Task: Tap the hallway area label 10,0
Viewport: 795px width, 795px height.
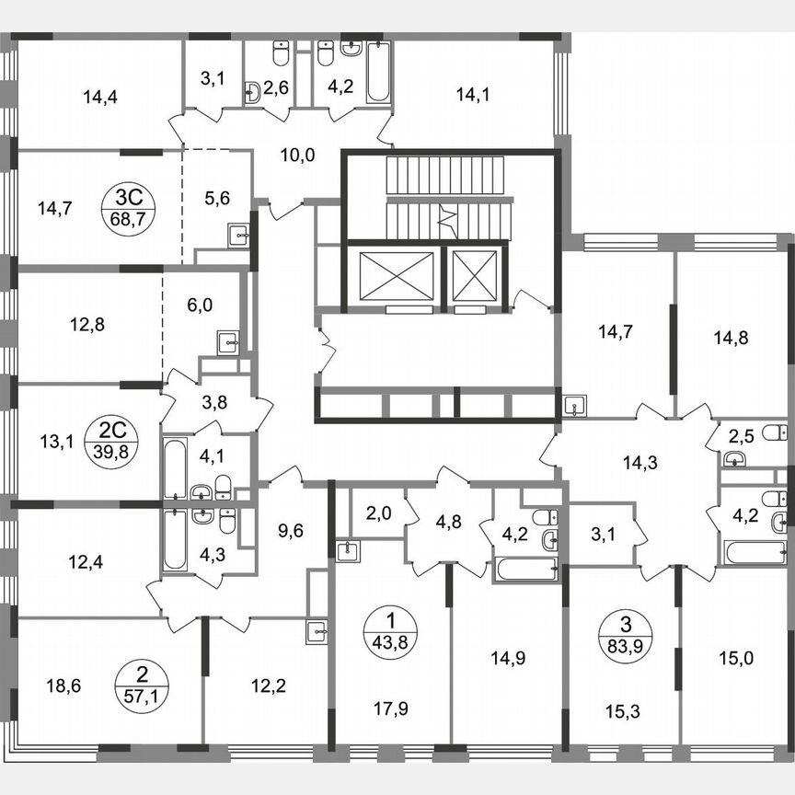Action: [x=297, y=155]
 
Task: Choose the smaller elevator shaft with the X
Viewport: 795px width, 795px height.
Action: [x=475, y=274]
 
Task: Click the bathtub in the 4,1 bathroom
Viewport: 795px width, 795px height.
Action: [x=174, y=468]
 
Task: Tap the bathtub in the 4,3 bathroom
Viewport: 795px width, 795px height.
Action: [x=174, y=542]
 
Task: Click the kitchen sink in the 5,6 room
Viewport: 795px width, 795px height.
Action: [x=242, y=236]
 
